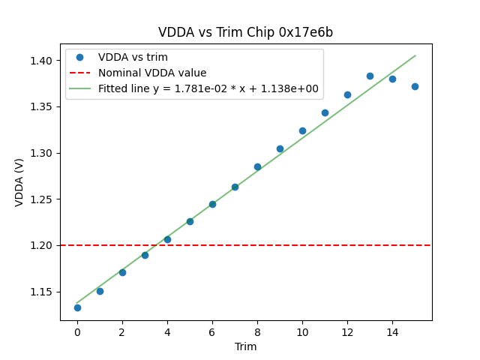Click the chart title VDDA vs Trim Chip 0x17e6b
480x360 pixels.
pos(245,32)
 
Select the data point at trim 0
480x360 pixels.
pos(77,307)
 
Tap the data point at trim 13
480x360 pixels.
pos(370,76)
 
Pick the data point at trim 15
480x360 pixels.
pos(415,86)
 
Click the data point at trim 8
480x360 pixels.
pos(257,166)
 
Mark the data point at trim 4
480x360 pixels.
pos(167,239)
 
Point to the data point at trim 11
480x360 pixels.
pos(325,112)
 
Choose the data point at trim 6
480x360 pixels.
pos(212,204)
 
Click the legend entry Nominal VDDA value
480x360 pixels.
pos(152,73)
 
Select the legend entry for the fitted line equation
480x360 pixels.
pos(208,88)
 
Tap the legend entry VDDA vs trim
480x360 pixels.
pos(133,58)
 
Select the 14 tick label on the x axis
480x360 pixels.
pos(392,332)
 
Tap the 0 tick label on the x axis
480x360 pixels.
pos(77,332)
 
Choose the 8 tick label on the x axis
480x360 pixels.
pos(257,332)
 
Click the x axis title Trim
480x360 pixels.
pos(245,346)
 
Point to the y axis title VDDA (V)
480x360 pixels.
pos(20,182)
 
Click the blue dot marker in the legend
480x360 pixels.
pos(82,58)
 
